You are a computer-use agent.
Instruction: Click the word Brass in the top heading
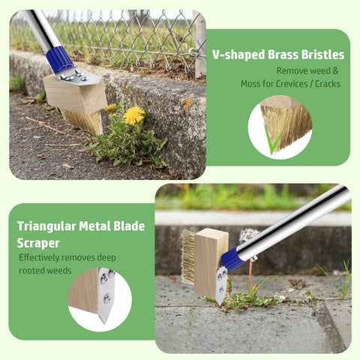283,55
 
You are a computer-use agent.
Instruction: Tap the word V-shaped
238,55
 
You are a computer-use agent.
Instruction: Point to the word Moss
250,84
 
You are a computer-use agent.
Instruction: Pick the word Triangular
46,227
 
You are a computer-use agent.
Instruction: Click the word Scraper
38,243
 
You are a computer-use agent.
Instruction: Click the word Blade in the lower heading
129,226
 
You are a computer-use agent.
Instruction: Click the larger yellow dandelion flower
134,115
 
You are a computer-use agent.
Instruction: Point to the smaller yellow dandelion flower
111,108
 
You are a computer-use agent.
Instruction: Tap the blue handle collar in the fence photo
60,59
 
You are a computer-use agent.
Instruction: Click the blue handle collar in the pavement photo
233,259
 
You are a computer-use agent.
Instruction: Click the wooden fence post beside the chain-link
200,44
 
